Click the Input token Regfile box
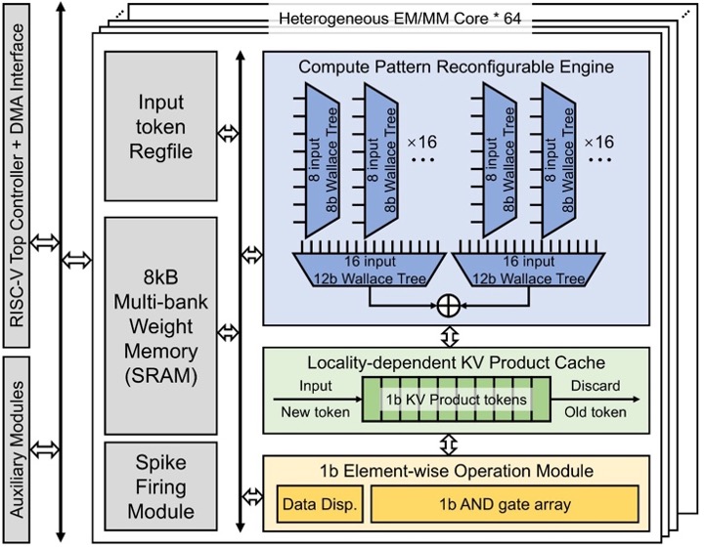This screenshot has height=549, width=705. click(161, 126)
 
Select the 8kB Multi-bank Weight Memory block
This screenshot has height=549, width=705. click(161, 325)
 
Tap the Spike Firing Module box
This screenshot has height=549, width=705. click(161, 486)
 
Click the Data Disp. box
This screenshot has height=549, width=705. click(320, 504)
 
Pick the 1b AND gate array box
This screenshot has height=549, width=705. click(505, 504)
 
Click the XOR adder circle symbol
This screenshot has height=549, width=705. click(449, 306)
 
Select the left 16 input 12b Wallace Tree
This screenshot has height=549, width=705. click(370, 270)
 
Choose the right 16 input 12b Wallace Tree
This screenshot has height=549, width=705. click(528, 270)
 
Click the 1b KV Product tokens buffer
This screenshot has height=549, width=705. click(457, 400)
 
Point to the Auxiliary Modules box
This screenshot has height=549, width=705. click(17, 449)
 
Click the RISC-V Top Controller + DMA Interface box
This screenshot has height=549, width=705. click(17, 176)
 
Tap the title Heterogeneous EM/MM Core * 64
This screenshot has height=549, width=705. click(400, 19)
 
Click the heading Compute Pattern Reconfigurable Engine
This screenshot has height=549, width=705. click(456, 67)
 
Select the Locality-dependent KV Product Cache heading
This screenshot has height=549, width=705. click(456, 362)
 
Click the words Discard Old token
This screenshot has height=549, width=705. click(595, 399)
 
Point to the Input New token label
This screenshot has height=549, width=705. click(315, 399)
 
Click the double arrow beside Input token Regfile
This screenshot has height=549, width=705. click(228, 133)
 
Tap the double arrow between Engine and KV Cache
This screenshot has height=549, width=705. click(450, 336)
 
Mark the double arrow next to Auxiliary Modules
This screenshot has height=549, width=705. click(45, 448)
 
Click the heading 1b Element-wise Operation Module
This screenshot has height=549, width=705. click(457, 471)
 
